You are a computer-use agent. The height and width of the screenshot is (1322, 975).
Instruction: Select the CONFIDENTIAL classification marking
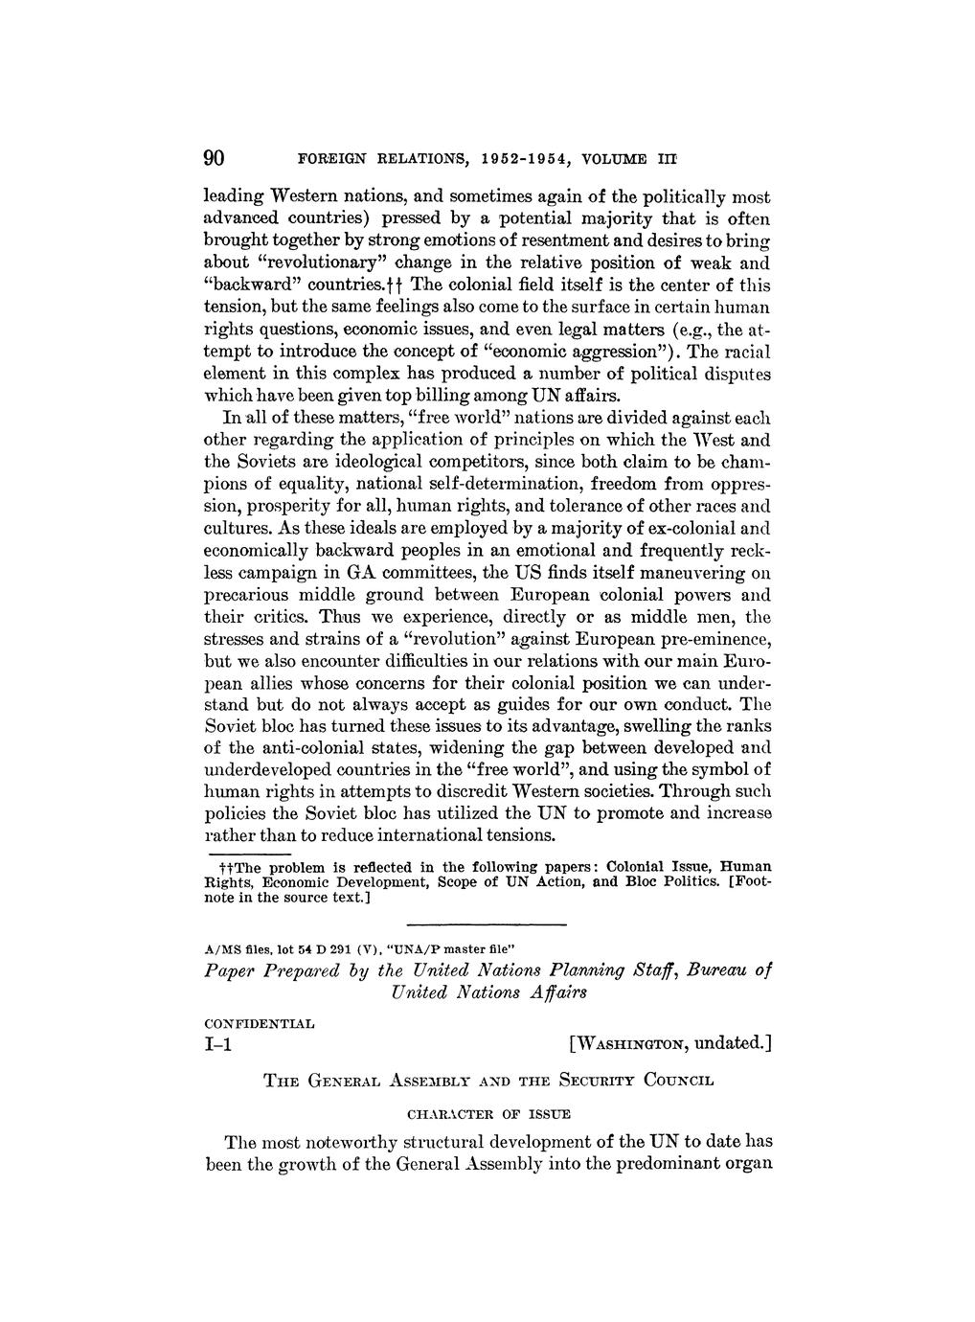click(x=260, y=1023)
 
